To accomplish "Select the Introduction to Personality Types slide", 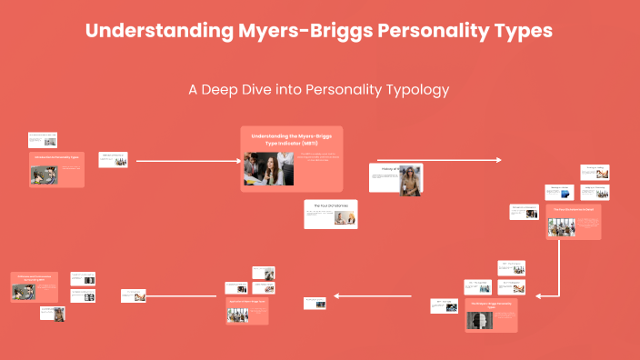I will [57, 169].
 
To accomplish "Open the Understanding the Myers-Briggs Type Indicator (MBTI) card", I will [291, 158].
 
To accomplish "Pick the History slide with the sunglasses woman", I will [397, 178].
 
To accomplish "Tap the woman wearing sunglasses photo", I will [413, 180].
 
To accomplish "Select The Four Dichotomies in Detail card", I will [575, 222].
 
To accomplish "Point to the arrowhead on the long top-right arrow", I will [497, 160].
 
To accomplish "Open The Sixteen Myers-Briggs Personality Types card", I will [491, 315].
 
